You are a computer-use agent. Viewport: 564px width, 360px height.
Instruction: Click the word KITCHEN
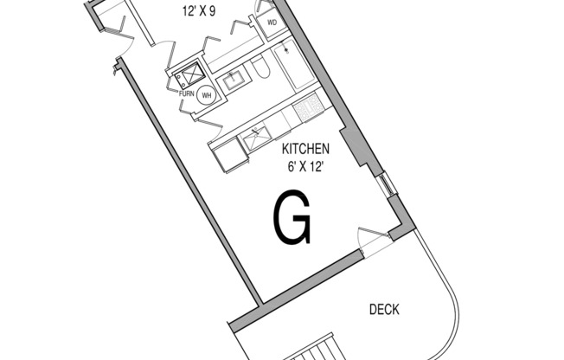tap(305, 149)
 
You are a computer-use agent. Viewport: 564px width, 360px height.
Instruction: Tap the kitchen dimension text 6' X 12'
tap(304, 167)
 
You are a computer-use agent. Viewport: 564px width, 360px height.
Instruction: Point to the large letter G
tap(292, 217)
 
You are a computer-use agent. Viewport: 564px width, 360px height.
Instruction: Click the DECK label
tap(384, 310)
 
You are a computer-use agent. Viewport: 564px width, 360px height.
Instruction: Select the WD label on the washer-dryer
tap(272, 22)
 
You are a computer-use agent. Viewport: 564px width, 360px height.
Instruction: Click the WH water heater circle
tap(207, 95)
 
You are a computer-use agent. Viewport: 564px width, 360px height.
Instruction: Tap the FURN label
tap(186, 94)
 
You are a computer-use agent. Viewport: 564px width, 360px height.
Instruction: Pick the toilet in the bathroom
tap(260, 67)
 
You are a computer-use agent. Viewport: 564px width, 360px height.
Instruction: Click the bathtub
tap(295, 64)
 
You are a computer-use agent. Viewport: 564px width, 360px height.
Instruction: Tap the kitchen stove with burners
tap(309, 106)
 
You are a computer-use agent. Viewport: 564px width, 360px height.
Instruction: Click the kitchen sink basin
tap(256, 137)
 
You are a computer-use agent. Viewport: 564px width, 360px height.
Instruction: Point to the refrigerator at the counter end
tap(230, 156)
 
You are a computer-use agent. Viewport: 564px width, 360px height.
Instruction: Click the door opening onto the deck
tap(374, 242)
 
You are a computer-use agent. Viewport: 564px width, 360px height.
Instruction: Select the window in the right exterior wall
tap(388, 184)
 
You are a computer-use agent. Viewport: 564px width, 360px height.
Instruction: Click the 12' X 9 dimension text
tap(199, 11)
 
